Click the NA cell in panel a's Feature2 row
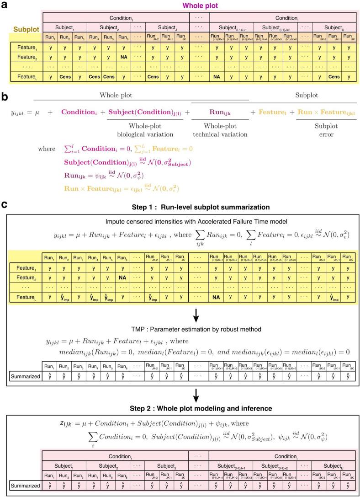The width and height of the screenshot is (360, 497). [123, 57]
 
